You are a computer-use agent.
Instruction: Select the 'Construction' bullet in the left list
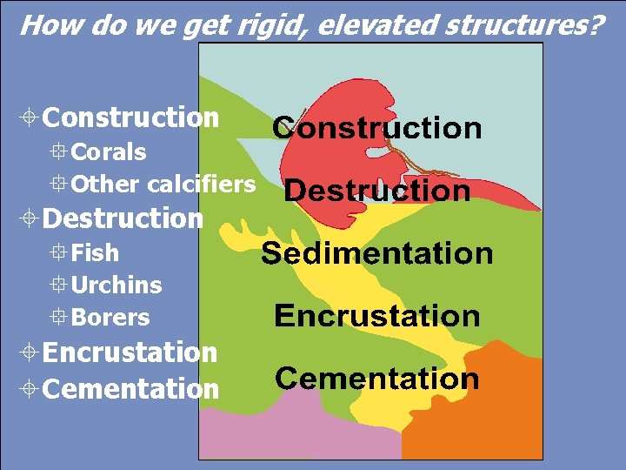click(x=130, y=117)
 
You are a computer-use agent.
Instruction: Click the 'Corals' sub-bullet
click(x=108, y=151)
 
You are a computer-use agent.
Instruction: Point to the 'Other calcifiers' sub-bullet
click(x=163, y=185)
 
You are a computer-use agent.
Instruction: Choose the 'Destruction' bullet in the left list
click(x=123, y=218)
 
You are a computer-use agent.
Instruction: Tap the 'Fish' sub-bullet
click(x=95, y=252)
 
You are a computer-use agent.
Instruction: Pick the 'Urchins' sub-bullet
click(x=117, y=285)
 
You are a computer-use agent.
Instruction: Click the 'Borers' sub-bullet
click(x=110, y=318)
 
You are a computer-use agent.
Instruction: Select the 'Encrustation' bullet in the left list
click(x=130, y=352)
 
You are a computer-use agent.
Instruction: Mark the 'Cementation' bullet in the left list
click(x=130, y=388)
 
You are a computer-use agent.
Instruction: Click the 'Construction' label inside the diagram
click(x=376, y=128)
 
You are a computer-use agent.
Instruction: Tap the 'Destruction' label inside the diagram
click(x=376, y=191)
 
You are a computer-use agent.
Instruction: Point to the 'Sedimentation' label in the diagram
click(x=376, y=253)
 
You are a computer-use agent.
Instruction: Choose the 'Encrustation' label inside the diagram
click(x=376, y=315)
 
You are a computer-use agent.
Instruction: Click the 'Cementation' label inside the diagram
click(x=376, y=379)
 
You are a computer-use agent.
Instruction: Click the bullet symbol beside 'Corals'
click(x=59, y=152)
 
